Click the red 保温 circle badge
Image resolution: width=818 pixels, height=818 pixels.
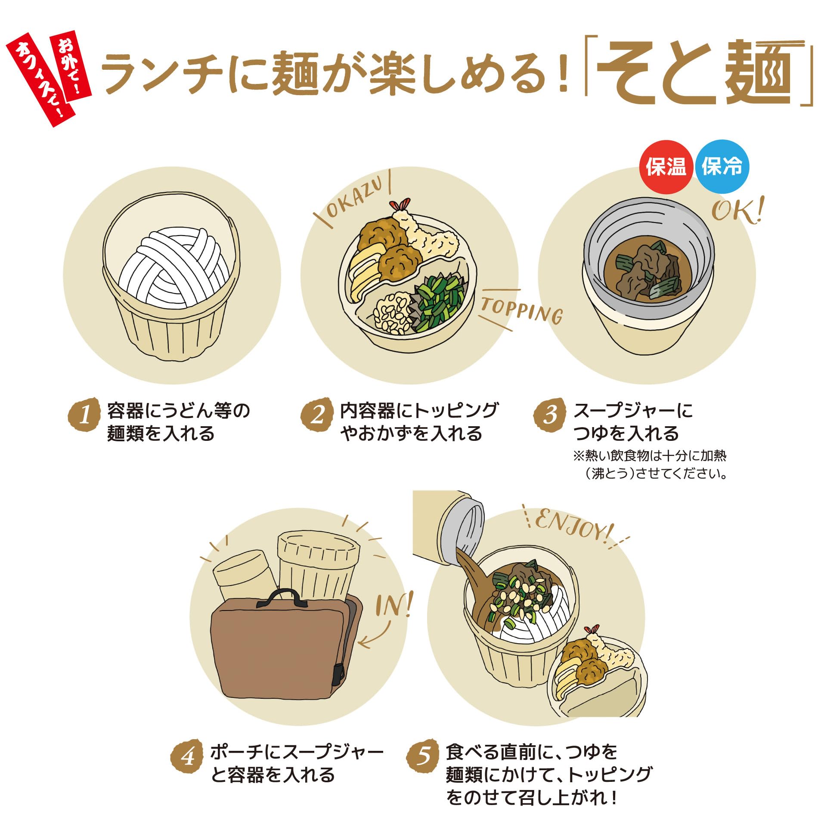coord(666,167)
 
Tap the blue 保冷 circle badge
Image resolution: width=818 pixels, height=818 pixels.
coord(722,167)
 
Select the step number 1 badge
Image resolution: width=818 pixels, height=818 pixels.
coord(85,415)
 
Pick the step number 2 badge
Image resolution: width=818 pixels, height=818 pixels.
coord(317,415)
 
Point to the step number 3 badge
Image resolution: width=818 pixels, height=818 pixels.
coord(550,415)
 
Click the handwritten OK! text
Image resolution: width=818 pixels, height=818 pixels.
coord(737,211)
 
